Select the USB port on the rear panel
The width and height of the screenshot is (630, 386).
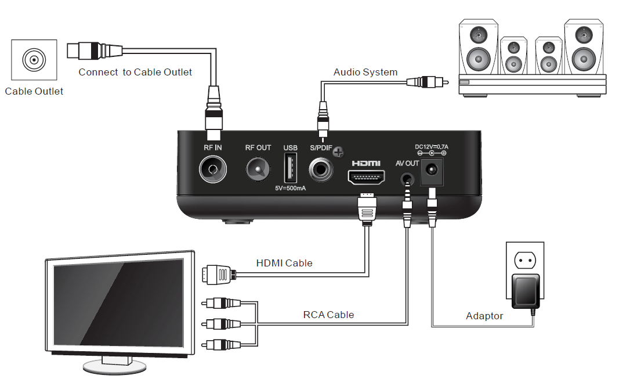[290, 169]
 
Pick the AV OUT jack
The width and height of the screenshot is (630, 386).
[408, 177]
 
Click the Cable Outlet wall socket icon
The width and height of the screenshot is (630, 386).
[34, 60]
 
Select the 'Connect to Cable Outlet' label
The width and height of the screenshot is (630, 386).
[135, 72]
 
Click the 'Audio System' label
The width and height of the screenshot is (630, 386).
[365, 72]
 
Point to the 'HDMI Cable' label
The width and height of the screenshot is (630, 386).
[284, 263]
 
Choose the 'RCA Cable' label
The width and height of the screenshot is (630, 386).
[328, 315]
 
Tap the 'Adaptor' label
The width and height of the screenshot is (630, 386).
[484, 316]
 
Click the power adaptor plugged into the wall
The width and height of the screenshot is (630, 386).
[526, 291]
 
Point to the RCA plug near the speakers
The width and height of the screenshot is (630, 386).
[428, 82]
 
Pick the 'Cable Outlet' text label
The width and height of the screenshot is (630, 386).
[34, 91]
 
